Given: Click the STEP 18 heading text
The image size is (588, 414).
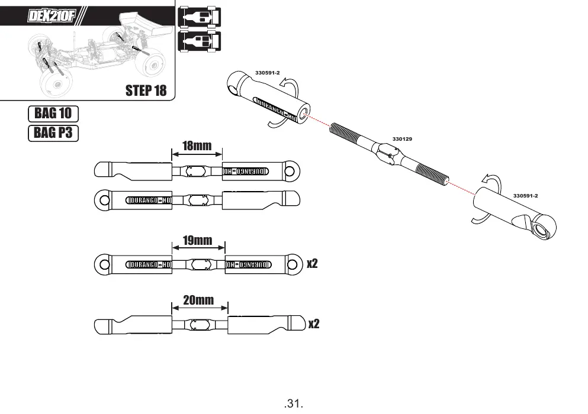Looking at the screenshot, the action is pyautogui.click(x=146, y=90).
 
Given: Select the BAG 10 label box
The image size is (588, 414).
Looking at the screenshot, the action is pyautogui.click(x=53, y=114).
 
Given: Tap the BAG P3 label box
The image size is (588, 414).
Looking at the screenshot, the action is pyautogui.click(x=53, y=133).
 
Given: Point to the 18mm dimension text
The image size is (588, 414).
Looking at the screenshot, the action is pyautogui.click(x=197, y=145).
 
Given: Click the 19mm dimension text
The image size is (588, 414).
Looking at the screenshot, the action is pyautogui.click(x=198, y=240).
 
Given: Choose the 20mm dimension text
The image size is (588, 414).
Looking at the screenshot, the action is pyautogui.click(x=198, y=300).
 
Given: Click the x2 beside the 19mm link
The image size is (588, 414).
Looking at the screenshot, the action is pyautogui.click(x=313, y=263).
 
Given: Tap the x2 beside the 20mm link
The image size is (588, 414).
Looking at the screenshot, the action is pyautogui.click(x=314, y=324).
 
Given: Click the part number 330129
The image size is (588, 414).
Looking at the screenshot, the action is pyautogui.click(x=402, y=139).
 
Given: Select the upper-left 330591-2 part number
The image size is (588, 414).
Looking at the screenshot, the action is pyautogui.click(x=268, y=73).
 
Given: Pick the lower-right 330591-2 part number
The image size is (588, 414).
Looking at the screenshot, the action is pyautogui.click(x=525, y=196).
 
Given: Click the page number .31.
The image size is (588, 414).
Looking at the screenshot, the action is pyautogui.click(x=294, y=403).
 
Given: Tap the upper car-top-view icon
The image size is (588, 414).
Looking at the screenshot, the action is pyautogui.click(x=199, y=17).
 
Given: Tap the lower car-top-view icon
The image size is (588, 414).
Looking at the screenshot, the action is pyautogui.click(x=199, y=41).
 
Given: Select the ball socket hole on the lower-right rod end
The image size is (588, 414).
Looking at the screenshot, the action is pyautogui.click(x=541, y=229).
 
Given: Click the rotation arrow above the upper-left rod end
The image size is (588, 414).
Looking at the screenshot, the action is pyautogui.click(x=289, y=85).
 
